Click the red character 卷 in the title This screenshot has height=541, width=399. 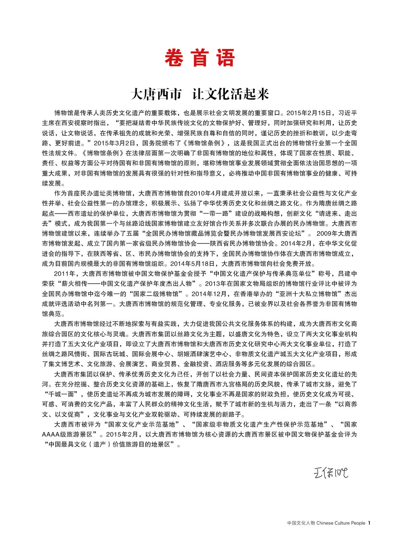pyautogui.click(x=174, y=58)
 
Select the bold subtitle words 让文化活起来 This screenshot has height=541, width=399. pyautogui.click(x=230, y=94)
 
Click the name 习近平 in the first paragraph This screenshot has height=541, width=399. pyautogui.click(x=348, y=113)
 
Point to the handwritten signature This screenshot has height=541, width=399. pyautogui.click(x=331, y=472)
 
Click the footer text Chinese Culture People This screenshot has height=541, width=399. pyautogui.click(x=340, y=523)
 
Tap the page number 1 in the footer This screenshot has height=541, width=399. pyautogui.click(x=369, y=523)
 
